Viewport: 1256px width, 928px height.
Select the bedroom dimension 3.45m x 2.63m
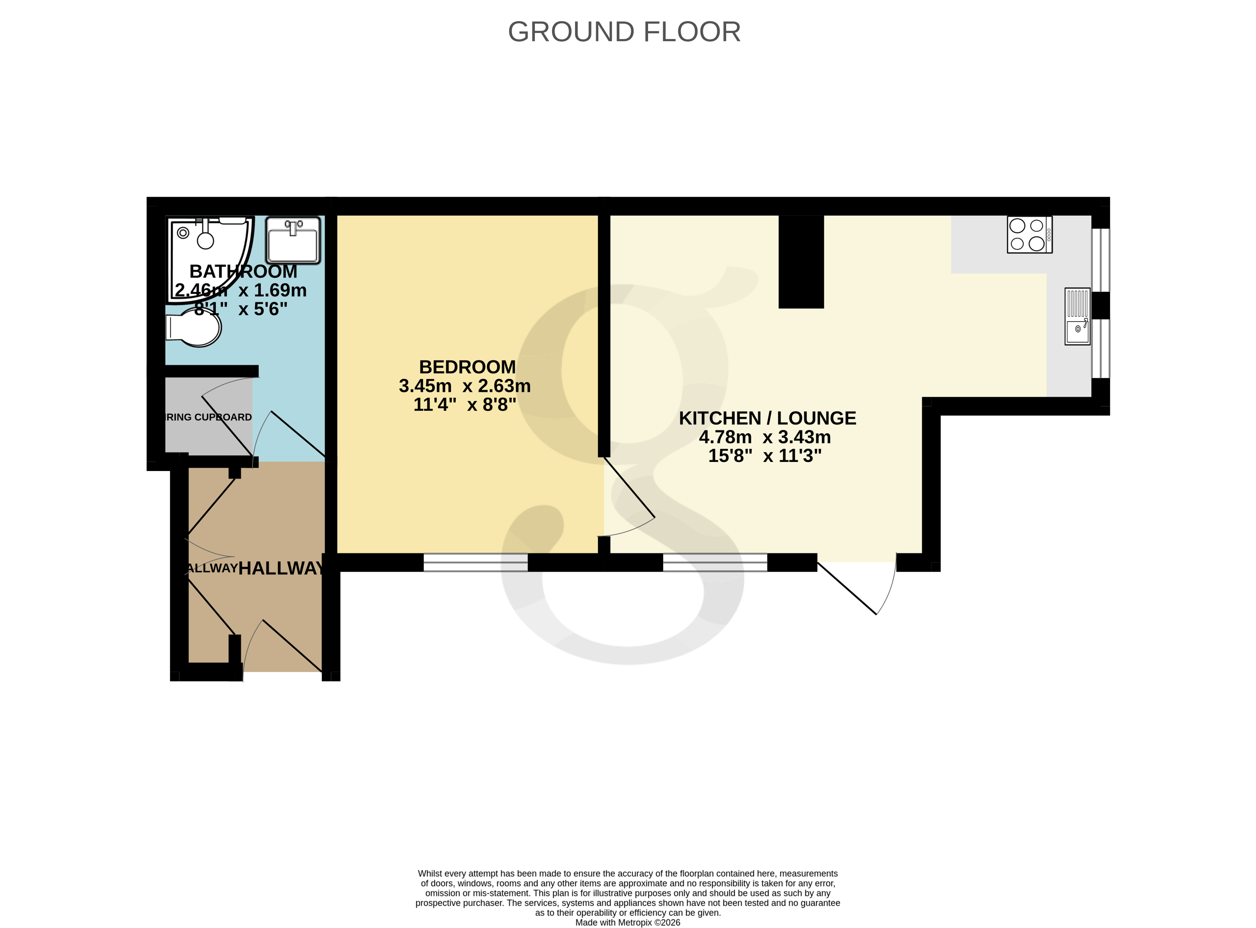click(464, 386)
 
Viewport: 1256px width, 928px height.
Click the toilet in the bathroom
click(194, 329)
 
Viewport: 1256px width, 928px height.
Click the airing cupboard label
click(208, 417)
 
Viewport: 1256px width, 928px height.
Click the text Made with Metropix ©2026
click(627, 922)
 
